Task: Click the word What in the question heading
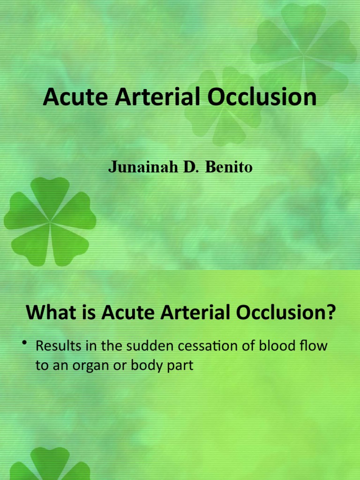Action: pos(49,313)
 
